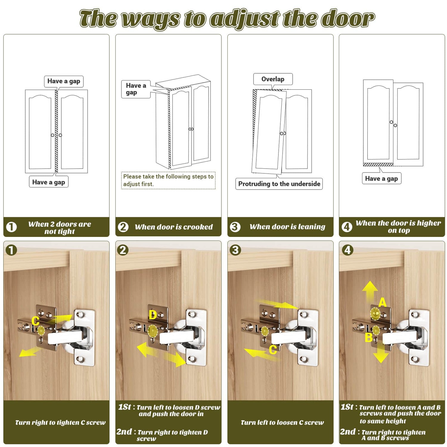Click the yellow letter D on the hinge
click(153, 315)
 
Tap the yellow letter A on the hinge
click(382, 302)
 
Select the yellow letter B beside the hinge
click(369, 338)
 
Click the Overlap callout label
click(273, 79)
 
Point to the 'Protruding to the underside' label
click(279, 184)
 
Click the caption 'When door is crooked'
click(174, 227)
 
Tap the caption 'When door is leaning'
click(287, 227)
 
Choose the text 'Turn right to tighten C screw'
click(60, 423)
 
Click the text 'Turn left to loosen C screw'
click(282, 423)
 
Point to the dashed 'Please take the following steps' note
click(168, 180)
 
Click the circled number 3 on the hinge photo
click(235, 250)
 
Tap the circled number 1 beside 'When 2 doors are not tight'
click(11, 227)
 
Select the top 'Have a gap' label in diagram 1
click(64, 81)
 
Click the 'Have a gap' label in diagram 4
click(381, 179)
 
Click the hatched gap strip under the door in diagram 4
click(378, 164)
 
